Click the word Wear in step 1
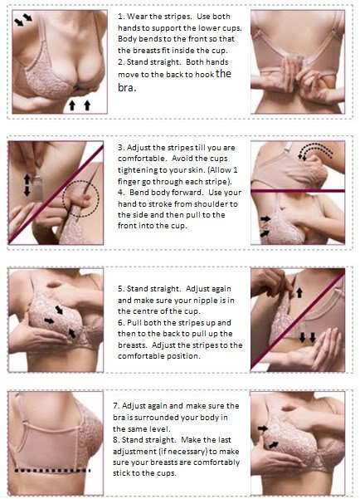coord(137,17)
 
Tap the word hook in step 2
coord(204,75)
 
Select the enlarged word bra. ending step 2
coord(127,87)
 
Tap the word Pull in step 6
coord(134,323)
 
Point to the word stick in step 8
coord(121,473)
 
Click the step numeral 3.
coord(121,148)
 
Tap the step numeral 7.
coord(116,406)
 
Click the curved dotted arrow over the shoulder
coord(315,149)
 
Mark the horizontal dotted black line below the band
coord(52,471)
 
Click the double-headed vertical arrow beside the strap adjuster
coord(27,185)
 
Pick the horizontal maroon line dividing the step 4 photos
coord(298,191)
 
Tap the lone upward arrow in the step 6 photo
coord(299,292)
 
